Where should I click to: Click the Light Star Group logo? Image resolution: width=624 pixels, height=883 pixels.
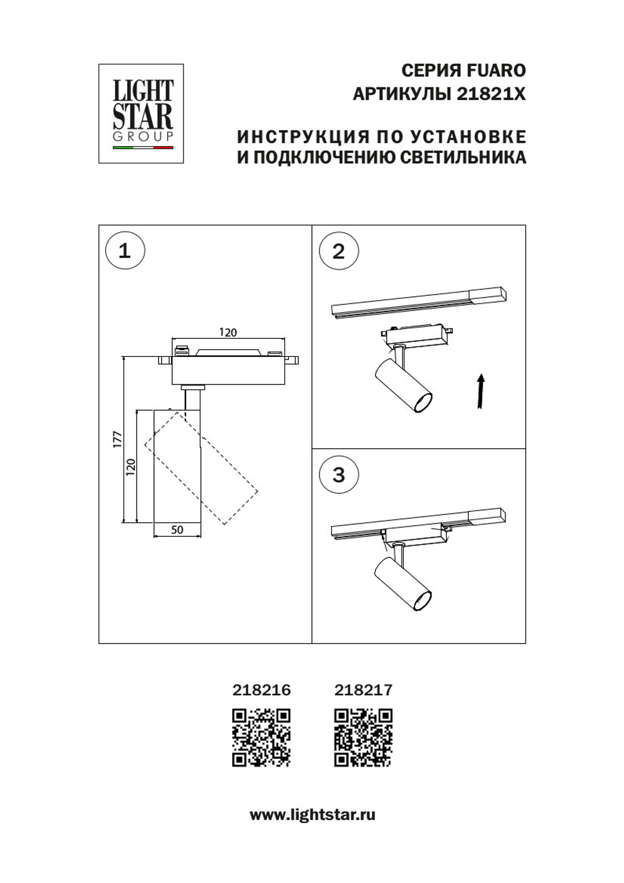point(141,114)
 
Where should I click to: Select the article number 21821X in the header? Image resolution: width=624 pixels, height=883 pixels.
point(491,94)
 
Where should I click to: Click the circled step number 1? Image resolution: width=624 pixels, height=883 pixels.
point(125,251)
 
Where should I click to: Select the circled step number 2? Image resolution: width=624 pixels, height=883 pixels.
point(339,251)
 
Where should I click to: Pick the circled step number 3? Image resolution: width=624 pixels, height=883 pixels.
point(339,475)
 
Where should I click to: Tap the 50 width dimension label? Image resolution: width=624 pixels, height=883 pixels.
point(177,529)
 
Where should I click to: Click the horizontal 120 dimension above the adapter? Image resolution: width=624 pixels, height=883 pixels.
point(228,332)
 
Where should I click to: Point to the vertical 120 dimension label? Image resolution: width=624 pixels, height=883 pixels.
point(130,467)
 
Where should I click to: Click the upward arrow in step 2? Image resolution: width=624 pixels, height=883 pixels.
point(480,391)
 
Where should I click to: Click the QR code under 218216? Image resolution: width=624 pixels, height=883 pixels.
point(261,737)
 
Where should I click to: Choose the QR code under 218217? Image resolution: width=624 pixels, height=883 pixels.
point(363,737)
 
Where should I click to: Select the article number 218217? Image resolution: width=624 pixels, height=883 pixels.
point(363,690)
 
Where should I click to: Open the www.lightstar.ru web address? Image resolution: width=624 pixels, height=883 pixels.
point(312,814)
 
